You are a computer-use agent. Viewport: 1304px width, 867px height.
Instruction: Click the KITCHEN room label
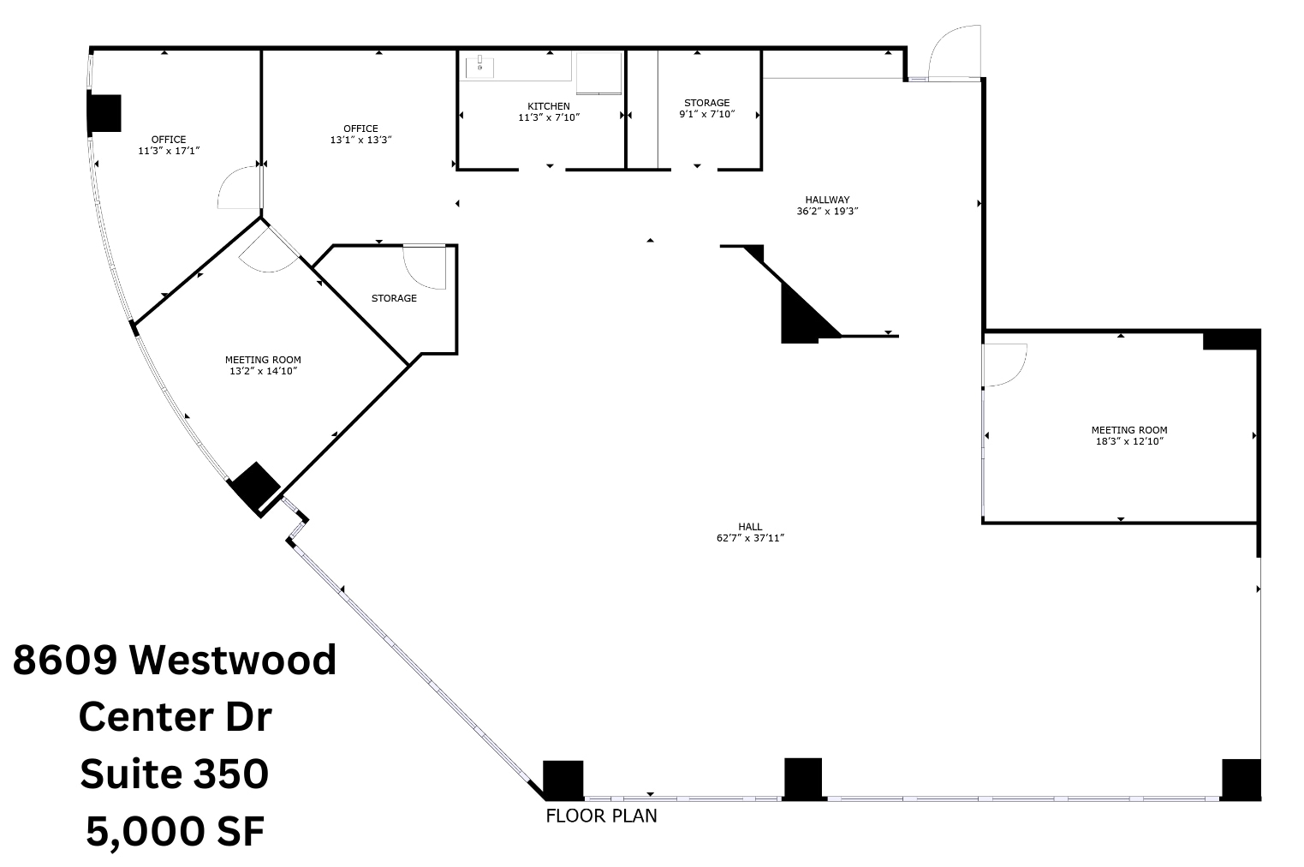548,106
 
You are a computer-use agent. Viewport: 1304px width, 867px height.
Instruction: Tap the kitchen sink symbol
480,65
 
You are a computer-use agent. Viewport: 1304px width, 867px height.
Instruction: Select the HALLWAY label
827,200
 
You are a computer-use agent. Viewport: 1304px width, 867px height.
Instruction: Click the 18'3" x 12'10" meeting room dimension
1128,441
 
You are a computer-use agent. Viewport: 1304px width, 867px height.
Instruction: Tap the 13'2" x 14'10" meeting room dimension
262,371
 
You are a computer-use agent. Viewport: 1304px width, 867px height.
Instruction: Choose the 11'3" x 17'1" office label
169,150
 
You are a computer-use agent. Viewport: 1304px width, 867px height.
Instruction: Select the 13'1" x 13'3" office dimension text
360,140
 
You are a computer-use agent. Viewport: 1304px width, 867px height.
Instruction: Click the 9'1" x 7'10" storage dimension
706,114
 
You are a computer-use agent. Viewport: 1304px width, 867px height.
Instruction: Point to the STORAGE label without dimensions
394,298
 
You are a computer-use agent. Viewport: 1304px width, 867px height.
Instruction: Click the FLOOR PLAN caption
601,816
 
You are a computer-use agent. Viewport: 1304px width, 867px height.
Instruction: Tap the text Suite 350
175,774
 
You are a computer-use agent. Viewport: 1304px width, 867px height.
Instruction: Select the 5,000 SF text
175,830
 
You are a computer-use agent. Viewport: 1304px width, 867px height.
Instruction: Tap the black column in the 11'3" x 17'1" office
104,113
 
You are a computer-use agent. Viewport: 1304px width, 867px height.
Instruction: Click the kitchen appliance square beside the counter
598,72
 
